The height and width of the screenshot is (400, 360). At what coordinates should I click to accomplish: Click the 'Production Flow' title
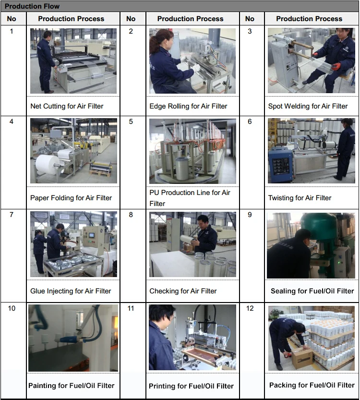32,6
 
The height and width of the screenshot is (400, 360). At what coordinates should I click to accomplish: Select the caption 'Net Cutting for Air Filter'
67,106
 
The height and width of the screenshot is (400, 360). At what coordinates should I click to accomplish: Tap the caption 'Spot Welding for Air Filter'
308,106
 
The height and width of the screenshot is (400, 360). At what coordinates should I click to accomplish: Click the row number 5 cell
131,121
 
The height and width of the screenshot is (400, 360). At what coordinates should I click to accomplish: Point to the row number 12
250,308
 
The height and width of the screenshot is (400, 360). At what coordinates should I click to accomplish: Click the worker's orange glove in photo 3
336,67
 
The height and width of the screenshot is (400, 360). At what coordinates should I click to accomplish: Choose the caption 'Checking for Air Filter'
183,291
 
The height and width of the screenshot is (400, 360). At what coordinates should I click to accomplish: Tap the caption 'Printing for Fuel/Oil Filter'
191,386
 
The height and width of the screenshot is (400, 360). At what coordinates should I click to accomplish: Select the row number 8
131,215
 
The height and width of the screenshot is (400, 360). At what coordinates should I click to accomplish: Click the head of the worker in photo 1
48,35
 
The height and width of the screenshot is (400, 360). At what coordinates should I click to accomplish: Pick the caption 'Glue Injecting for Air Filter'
71,291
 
